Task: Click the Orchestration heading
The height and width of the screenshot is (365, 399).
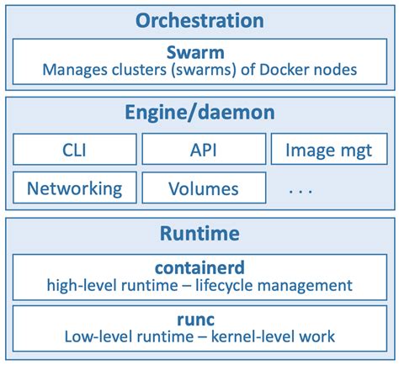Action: pos(199,20)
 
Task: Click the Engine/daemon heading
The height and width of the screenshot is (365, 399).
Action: pos(199,113)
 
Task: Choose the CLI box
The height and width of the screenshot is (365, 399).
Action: pos(74,150)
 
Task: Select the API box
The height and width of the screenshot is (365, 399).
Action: pos(203,150)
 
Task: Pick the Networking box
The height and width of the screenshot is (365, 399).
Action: pos(74,188)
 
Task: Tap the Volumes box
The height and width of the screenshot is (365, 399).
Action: pos(203,188)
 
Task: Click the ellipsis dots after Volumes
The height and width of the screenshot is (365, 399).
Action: pos(300,191)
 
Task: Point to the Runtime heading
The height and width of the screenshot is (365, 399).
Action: pos(199,233)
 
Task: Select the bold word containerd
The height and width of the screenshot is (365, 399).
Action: pos(199,267)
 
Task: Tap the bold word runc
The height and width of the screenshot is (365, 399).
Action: pos(199,319)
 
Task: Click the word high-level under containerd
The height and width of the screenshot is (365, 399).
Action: pos(82,285)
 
